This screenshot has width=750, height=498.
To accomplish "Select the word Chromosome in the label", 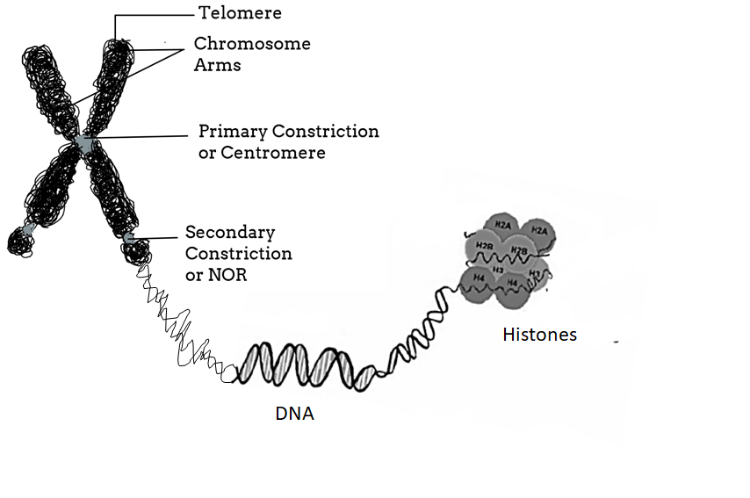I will click(252, 43).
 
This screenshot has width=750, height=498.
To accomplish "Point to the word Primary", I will click(232, 132).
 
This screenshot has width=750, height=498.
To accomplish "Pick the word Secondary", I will click(229, 233).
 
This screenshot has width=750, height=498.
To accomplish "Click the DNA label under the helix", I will click(293, 412).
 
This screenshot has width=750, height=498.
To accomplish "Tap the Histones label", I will click(539, 335).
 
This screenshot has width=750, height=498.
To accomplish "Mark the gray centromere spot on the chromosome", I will click(84, 142).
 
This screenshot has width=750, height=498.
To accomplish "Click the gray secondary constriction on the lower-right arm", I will click(129, 237).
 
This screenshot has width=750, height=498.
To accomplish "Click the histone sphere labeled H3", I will click(498, 271).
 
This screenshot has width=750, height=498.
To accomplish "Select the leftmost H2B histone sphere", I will click(483, 245).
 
